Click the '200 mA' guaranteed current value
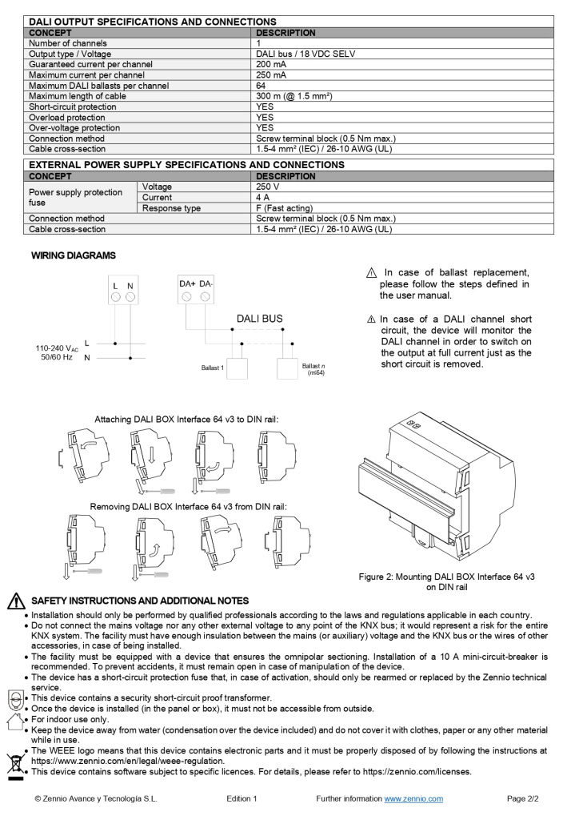coord(271,65)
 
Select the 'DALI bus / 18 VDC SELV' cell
coord(305,54)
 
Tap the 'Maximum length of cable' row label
coord(78,96)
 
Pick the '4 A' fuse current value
coord(262,197)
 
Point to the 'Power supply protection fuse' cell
coord(76,197)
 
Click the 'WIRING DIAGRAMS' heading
coord(73,255)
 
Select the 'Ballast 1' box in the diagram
coord(238,368)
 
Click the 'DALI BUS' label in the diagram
coord(259,319)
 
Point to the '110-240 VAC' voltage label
coord(57,348)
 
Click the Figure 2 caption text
coord(446,581)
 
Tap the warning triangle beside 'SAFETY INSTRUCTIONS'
coord(15,601)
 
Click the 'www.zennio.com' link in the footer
coord(413,798)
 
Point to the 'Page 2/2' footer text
coord(523,798)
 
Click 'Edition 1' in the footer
coord(242,798)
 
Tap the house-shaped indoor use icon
coord(14,722)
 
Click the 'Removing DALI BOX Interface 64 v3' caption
coord(188,507)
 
